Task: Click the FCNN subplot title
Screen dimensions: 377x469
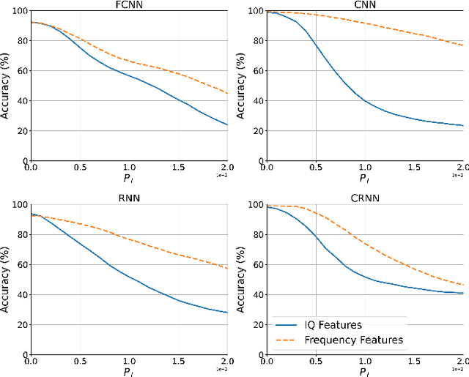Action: tap(128, 4)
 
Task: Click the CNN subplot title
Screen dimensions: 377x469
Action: tap(364, 4)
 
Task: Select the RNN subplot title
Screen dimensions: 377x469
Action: tap(128, 198)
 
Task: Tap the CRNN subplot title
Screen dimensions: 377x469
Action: tap(364, 198)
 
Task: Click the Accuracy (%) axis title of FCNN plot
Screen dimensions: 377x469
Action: tap(6, 86)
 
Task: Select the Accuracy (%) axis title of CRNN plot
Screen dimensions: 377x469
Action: tap(243, 279)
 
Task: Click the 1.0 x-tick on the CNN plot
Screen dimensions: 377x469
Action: tap(365, 168)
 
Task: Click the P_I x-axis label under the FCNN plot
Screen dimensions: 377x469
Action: tap(128, 178)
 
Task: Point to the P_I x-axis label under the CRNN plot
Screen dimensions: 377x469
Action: tap(365, 371)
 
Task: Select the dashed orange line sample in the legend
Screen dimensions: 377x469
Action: tap(289, 340)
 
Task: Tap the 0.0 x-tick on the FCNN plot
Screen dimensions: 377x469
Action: tap(31, 168)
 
